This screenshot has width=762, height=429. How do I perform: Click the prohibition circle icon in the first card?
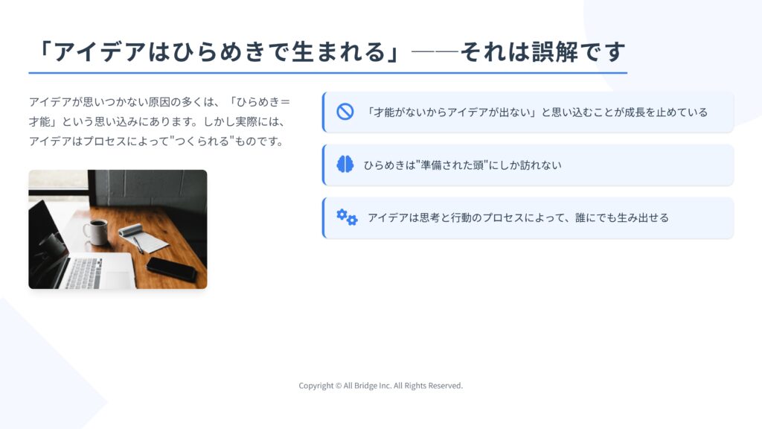pos(345,112)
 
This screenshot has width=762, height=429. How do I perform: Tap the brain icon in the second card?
pos(345,165)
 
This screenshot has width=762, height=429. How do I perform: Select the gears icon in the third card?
pos(347,217)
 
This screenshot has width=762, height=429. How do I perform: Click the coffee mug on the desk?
pos(95,232)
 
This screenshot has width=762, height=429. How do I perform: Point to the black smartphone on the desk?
pos(172,269)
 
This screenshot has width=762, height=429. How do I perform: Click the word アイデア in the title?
pos(100,52)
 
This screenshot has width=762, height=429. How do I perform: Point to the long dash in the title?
pos(435,51)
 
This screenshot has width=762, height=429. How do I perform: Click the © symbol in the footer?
pos(339,386)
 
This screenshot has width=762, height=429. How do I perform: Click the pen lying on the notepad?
pos(138,245)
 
